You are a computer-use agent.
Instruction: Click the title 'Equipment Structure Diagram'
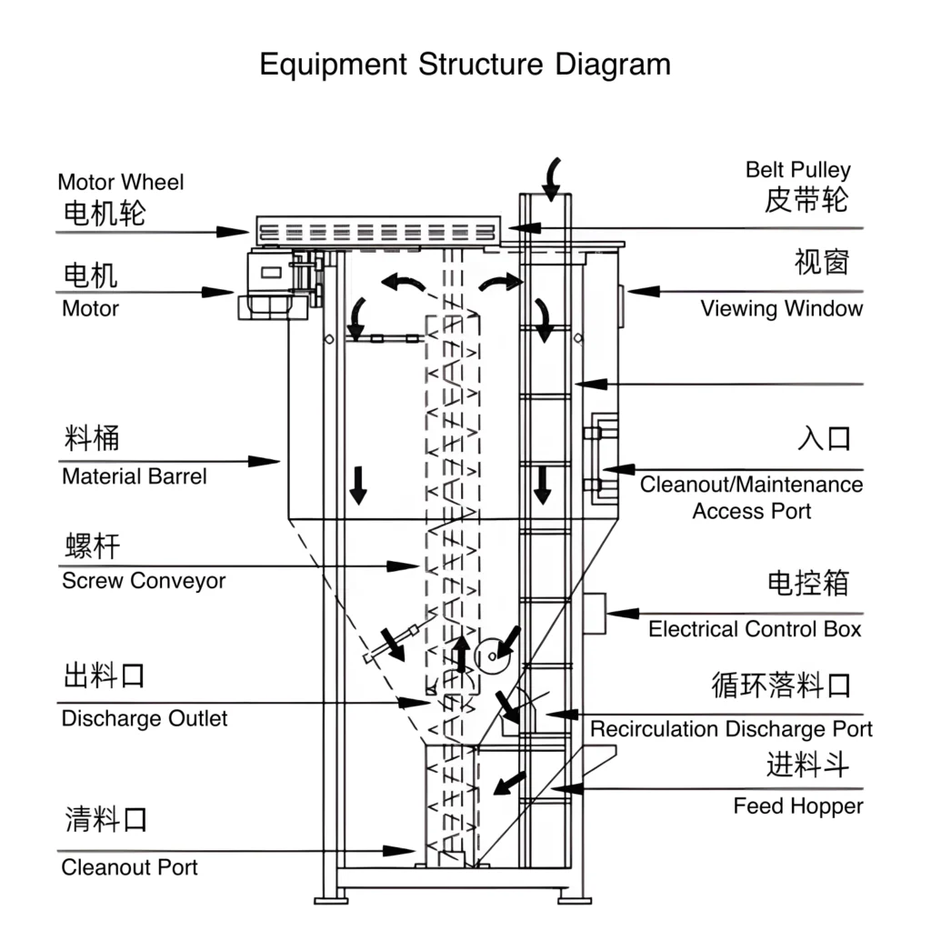465,65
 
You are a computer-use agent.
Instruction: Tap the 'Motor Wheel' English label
120,182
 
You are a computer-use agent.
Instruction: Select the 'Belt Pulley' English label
798,170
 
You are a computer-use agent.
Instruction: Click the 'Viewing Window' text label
781,308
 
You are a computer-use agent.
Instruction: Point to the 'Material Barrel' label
135,476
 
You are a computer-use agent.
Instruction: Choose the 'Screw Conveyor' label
144,581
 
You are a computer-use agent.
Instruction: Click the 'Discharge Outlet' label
145,719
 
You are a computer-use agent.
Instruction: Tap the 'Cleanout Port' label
129,867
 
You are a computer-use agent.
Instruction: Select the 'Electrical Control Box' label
755,629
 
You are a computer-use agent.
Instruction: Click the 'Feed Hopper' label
798,806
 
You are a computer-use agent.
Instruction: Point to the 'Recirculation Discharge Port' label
731,729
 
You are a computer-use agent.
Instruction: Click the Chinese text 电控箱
808,583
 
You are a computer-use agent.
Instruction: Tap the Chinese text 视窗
821,263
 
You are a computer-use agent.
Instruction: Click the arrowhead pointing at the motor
218,293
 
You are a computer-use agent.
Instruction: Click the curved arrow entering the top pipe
551,177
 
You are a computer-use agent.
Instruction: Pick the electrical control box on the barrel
595,614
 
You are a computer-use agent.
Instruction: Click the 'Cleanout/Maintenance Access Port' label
751,497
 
